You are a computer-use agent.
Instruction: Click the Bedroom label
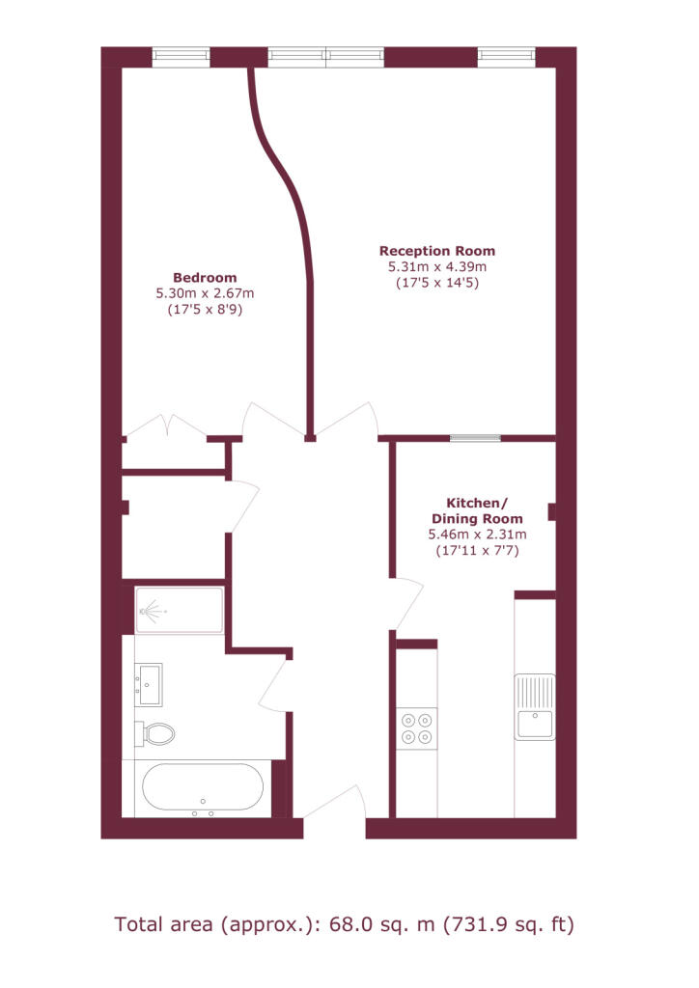(x=205, y=278)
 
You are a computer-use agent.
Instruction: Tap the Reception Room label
(x=437, y=251)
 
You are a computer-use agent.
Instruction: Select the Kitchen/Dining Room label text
(x=477, y=511)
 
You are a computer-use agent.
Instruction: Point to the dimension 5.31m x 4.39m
(x=437, y=266)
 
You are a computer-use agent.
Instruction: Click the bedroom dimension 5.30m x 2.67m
(x=205, y=293)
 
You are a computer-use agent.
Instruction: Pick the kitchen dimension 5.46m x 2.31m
(x=477, y=535)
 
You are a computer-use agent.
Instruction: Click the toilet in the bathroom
(x=154, y=733)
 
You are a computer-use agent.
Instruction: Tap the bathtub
(x=203, y=789)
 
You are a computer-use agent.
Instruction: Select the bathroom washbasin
(x=149, y=684)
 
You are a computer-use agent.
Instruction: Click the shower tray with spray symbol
(x=180, y=611)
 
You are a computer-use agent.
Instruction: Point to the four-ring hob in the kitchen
(x=417, y=727)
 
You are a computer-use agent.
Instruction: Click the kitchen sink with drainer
(x=535, y=706)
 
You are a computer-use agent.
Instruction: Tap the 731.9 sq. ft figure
(x=509, y=925)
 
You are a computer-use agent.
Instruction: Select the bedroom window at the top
(x=181, y=57)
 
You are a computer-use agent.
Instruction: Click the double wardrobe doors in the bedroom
(x=166, y=425)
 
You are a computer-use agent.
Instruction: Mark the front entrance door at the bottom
(x=335, y=805)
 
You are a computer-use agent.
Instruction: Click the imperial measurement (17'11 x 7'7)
(x=477, y=551)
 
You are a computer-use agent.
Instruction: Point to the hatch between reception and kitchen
(x=475, y=438)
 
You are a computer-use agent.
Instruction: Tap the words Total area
(x=163, y=925)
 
